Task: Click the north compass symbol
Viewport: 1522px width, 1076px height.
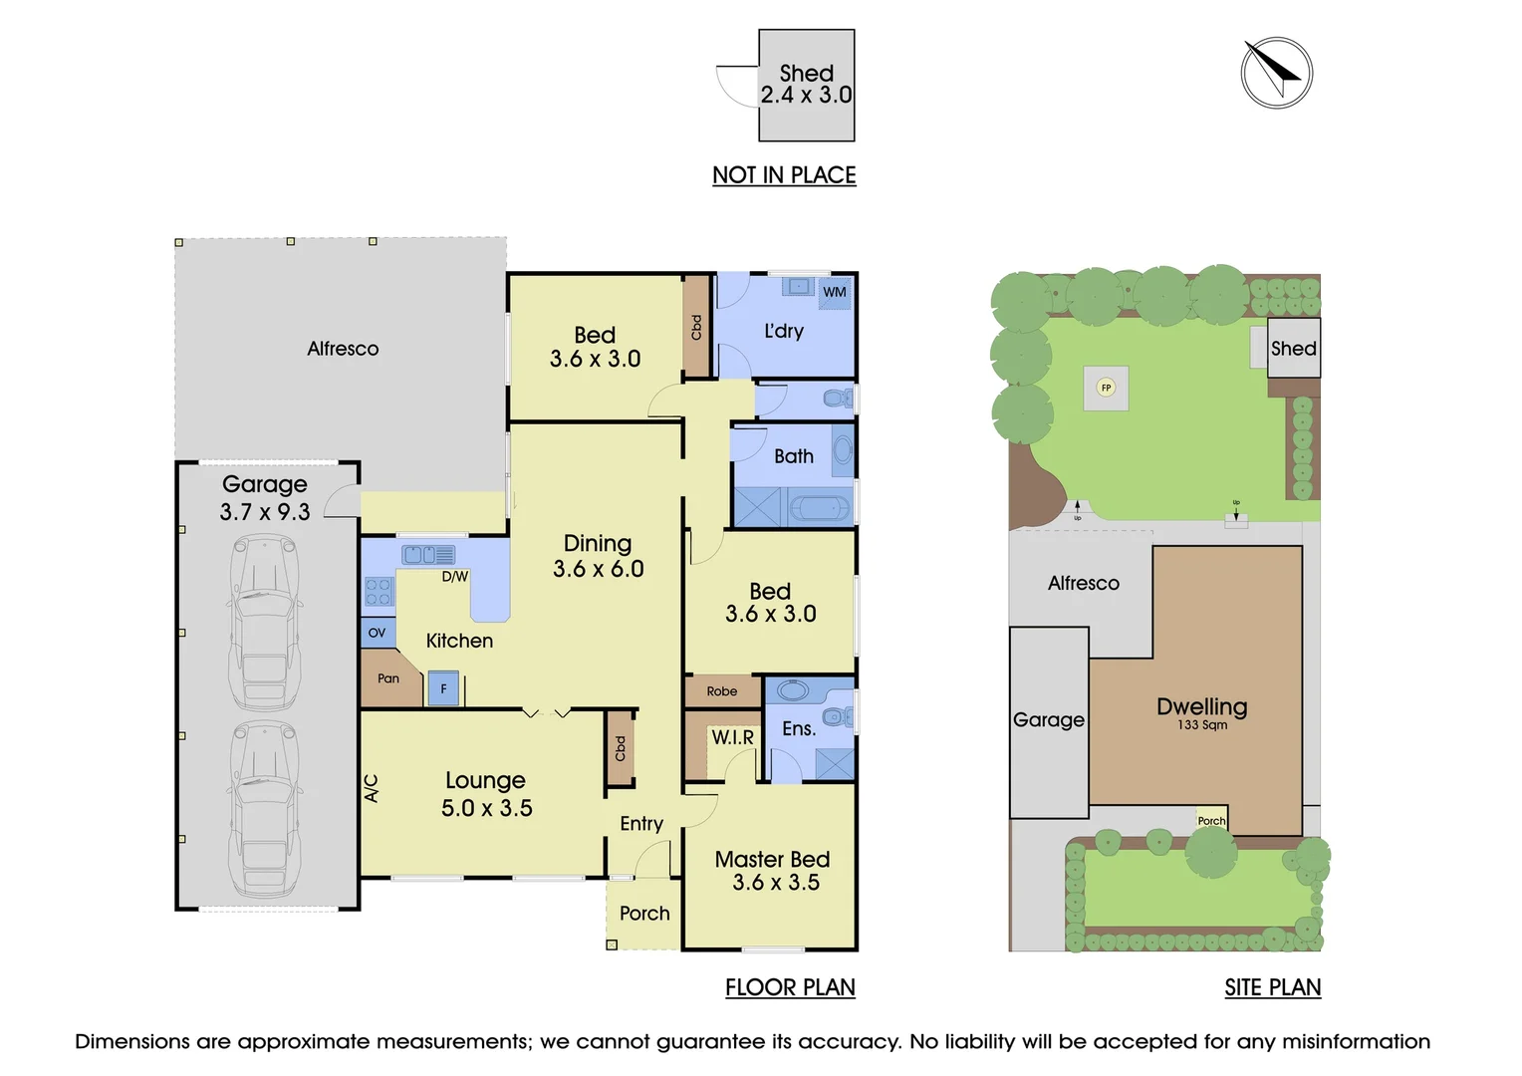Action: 1276,73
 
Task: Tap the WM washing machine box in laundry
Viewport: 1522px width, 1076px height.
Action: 835,292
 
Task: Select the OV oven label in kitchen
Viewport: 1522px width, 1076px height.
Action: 378,633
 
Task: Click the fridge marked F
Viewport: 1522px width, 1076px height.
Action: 443,688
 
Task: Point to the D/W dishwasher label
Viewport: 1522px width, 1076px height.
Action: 454,577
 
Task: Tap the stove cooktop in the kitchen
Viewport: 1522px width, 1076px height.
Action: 378,592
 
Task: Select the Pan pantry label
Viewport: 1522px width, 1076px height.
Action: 388,678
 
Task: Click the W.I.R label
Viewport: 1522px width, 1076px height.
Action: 732,737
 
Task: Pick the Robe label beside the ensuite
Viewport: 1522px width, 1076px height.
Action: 722,691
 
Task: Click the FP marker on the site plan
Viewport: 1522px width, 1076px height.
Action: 1106,388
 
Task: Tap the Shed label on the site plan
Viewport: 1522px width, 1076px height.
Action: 1293,349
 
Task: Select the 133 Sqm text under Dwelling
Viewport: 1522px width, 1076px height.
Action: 1201,725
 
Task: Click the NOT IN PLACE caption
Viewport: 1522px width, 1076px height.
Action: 784,175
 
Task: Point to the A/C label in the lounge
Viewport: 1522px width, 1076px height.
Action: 372,788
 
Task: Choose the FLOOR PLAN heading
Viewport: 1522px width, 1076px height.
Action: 790,987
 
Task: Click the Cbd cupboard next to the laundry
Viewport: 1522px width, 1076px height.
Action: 696,326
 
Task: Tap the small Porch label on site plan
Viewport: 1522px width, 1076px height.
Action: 1211,821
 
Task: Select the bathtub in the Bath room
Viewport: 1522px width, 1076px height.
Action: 821,509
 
